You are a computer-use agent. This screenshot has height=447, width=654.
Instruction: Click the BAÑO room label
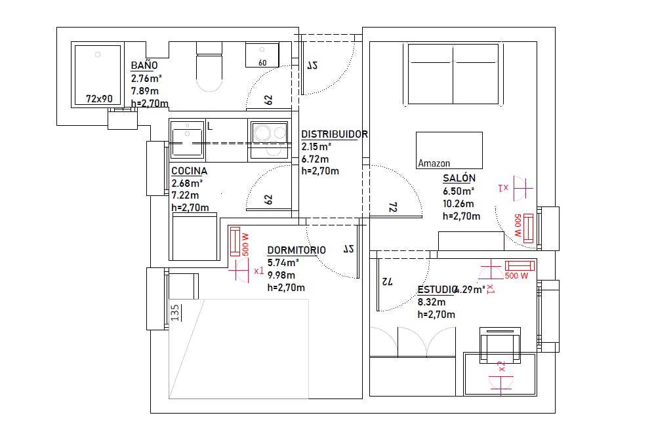click(x=144, y=66)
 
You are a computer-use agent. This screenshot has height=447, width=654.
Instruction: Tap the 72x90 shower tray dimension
click(x=99, y=99)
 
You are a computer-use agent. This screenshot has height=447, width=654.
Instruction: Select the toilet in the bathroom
click(x=210, y=68)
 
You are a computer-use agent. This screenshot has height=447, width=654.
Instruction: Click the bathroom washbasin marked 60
click(x=262, y=54)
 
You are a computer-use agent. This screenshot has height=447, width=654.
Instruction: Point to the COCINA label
click(x=189, y=171)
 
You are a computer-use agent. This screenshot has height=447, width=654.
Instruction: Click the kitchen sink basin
click(x=187, y=139)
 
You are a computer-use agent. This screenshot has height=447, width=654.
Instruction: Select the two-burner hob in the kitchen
click(x=268, y=140)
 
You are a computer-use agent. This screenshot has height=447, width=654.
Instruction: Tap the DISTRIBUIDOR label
click(x=334, y=134)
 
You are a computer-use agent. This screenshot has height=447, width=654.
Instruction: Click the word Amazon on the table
click(x=434, y=163)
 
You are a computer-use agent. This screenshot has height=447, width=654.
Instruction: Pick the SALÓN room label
click(x=459, y=178)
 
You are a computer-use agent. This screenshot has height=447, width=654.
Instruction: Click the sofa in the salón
click(x=453, y=74)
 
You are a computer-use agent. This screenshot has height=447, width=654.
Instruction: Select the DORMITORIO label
click(x=296, y=250)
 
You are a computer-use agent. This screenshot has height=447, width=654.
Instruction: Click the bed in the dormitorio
click(x=238, y=349)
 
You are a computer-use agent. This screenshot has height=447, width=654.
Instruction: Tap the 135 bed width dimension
click(x=175, y=310)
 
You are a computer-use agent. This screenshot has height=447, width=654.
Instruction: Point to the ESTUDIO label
click(x=437, y=290)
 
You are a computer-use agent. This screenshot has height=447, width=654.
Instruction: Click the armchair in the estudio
click(x=500, y=345)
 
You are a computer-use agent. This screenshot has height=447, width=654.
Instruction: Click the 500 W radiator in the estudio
click(x=519, y=265)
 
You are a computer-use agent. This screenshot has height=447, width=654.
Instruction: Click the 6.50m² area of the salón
click(x=459, y=191)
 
